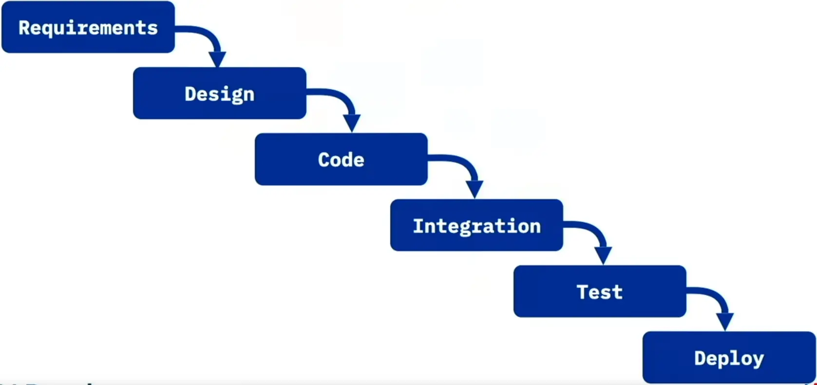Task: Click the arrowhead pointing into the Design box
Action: click(x=217, y=59)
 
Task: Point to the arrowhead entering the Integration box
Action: click(x=475, y=189)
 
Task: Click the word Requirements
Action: click(x=88, y=28)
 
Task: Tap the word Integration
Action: click(x=476, y=226)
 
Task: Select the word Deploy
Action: click(x=729, y=359)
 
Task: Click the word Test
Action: click(x=600, y=292)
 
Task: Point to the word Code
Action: click(x=341, y=160)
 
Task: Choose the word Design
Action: click(x=219, y=94)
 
